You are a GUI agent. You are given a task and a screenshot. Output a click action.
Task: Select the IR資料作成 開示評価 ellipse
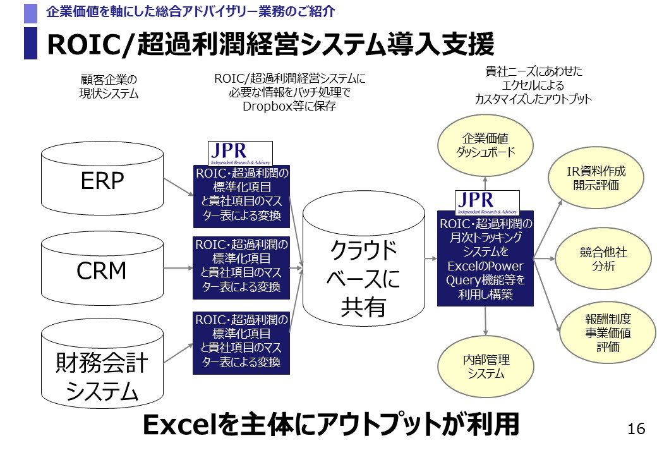[596, 179]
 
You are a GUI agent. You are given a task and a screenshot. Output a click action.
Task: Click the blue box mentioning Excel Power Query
[485, 258]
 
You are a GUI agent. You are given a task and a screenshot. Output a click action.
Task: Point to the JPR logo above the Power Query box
[487, 202]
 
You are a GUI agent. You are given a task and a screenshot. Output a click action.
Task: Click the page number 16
[636, 430]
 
